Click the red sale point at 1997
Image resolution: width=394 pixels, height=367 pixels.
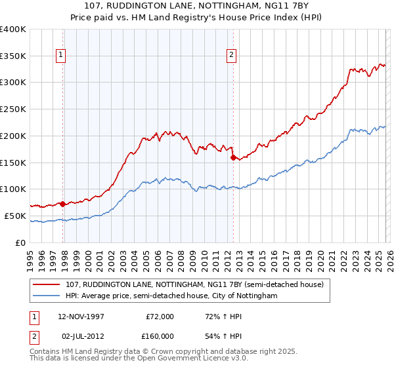coord(63,204)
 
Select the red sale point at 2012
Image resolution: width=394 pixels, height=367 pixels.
coord(232,157)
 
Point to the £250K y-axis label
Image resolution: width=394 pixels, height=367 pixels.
coord(13,109)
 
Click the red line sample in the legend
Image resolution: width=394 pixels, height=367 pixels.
coord(47,285)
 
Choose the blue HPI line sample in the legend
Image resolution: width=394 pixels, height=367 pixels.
coord(47,296)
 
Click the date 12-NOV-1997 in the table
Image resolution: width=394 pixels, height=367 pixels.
coord(82,317)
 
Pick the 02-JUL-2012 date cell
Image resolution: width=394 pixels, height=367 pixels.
coord(82,336)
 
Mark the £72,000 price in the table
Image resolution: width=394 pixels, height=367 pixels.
coord(160,317)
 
